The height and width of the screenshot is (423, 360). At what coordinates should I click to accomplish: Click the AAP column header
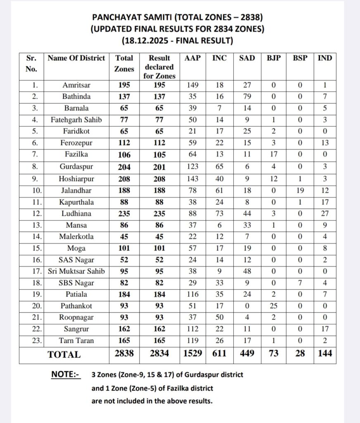coord(192,58)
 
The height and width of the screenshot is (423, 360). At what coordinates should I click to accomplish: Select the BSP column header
coord(300,58)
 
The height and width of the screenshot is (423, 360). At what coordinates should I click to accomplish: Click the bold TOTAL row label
coord(64,354)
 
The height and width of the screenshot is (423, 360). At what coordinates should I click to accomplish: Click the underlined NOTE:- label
coord(66,375)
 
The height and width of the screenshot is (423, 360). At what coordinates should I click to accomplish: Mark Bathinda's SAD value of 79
coord(247,96)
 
